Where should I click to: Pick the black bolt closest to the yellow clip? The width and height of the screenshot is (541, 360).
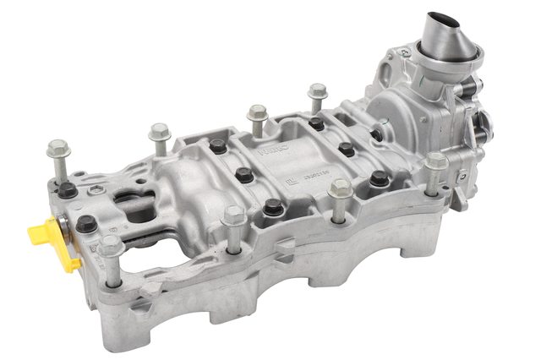(85, 224)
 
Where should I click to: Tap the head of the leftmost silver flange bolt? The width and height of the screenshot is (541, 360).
(58, 152)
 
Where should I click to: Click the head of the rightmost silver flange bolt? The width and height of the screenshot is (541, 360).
(435, 161)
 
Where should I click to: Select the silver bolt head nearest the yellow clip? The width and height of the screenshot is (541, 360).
(110, 246)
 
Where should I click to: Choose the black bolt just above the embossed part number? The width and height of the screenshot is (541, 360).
(346, 150)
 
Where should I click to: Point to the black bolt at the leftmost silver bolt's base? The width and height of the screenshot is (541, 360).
(66, 190)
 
